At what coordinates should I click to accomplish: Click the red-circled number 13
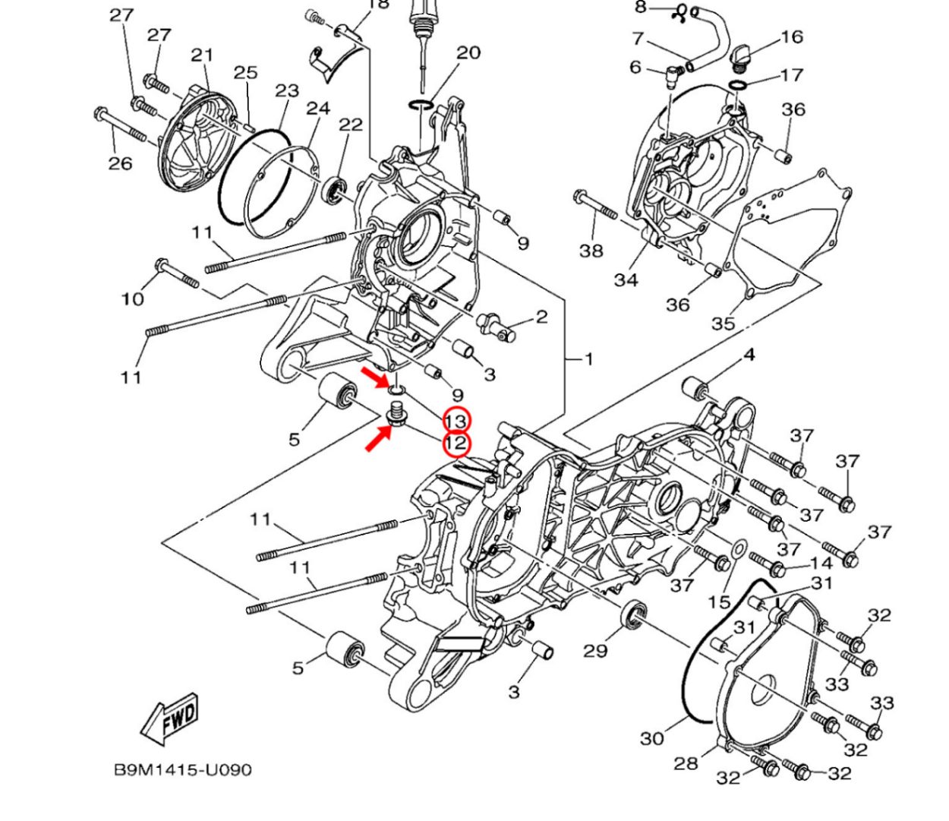[457, 421]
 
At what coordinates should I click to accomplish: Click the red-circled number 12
[456, 443]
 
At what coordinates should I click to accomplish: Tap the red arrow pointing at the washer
[374, 377]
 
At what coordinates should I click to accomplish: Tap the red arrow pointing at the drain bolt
[378, 438]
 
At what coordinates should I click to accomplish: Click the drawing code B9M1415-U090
[182, 769]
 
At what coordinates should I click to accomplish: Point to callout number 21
[201, 55]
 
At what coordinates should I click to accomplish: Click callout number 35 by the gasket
[723, 323]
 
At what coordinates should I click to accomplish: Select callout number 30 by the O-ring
[651, 737]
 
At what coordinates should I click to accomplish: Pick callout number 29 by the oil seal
[595, 650]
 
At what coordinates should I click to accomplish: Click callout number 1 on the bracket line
[587, 358]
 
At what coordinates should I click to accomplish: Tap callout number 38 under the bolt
[591, 250]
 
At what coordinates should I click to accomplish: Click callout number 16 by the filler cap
[791, 36]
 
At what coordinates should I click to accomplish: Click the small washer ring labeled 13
[396, 390]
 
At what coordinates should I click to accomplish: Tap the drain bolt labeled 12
[395, 415]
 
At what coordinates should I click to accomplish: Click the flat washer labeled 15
[737, 548]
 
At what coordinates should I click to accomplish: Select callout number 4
[749, 355]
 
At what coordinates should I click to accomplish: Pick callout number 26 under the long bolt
[120, 163]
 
